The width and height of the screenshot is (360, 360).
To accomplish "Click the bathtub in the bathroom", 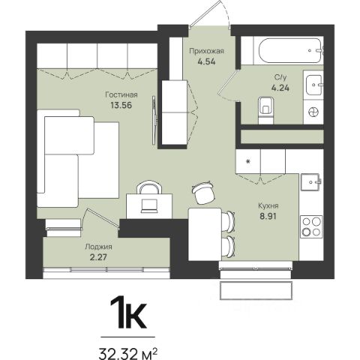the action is click(x=290, y=50).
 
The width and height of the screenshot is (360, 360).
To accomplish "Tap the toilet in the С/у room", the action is click(x=265, y=110).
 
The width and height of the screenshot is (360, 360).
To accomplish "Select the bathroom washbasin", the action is click(x=314, y=85).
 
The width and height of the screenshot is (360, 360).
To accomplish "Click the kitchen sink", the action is click(x=310, y=182).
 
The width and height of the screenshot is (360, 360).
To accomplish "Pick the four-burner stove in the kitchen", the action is click(x=311, y=226).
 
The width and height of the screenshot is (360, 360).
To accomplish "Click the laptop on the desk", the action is click(x=149, y=206).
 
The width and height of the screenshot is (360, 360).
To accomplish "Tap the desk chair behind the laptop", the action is click(x=148, y=187).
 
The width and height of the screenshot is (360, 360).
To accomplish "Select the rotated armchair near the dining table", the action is click(x=203, y=192).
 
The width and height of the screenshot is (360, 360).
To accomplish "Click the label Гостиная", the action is click(x=121, y=95).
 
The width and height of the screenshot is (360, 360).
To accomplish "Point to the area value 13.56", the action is click(x=121, y=105).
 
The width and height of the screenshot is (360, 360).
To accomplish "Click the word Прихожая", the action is click(x=206, y=51).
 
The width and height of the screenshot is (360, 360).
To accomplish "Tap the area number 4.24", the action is click(x=280, y=88).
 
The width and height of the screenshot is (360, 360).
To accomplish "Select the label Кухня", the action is click(x=268, y=205).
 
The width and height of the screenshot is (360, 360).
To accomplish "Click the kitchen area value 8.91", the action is click(x=268, y=216).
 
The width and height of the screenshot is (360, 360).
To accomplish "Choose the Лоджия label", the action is click(x=98, y=247).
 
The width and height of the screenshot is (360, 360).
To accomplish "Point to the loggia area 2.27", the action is click(x=98, y=257).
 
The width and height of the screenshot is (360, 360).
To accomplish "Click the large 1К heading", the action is click(x=128, y=313).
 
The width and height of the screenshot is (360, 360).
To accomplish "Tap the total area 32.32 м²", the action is click(x=128, y=353).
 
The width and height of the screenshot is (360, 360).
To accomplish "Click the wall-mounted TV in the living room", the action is click(x=154, y=120).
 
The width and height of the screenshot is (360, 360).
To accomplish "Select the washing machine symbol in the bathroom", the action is click(x=313, y=112).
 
